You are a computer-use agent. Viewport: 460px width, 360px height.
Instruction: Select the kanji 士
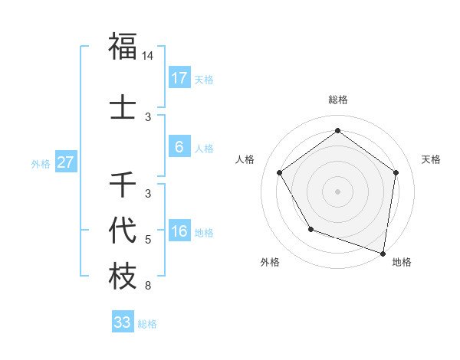coord(123,107)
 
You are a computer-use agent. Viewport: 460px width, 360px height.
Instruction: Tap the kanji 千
coord(123,185)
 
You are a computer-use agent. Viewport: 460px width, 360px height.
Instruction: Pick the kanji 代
coord(123,230)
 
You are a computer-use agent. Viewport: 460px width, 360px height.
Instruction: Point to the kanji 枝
coord(123,276)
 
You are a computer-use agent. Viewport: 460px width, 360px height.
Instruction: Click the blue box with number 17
coord(179,78)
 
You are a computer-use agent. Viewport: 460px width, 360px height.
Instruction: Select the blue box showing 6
coord(179,148)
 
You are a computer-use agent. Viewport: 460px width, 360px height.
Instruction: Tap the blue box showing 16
coord(179,232)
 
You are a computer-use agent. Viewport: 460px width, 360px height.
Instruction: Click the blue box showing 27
coord(66,162)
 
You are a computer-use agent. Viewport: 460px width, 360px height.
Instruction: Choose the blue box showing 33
coord(123,322)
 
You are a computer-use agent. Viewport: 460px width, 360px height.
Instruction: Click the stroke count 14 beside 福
coord(148,56)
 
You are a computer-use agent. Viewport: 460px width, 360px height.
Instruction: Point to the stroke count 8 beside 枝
coord(148,286)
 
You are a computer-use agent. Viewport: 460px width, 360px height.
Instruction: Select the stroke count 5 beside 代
coord(148,240)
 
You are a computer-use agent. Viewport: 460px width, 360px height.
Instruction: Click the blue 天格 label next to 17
coord(203,79)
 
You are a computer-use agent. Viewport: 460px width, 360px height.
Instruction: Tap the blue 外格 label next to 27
coord(41,163)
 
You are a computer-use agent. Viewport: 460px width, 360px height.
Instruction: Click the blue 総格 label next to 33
coord(147,323)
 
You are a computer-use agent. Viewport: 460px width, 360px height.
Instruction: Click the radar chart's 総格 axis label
coord(337,100)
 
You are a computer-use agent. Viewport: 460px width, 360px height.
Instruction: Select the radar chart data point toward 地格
coord(383,253)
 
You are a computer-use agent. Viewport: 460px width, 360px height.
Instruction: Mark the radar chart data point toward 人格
coord(279,172)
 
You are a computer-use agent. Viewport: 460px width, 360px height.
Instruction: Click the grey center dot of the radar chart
coord(337,191)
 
